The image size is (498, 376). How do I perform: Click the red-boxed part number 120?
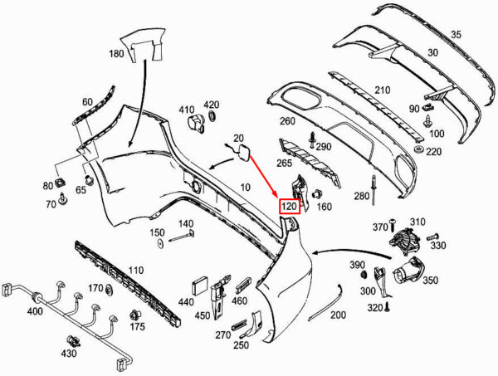[x=289, y=207]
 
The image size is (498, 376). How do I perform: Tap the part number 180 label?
[x=115, y=54]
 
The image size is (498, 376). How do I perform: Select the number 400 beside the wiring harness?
[x=35, y=310]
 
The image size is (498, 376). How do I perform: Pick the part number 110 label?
[x=135, y=270]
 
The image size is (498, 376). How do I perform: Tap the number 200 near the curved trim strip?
[x=338, y=315]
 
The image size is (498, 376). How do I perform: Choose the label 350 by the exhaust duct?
[x=430, y=281]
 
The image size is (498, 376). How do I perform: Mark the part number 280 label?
[x=360, y=196]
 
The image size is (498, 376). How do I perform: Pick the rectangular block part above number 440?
[x=201, y=282]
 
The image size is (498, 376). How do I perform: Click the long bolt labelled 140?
[x=181, y=241]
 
